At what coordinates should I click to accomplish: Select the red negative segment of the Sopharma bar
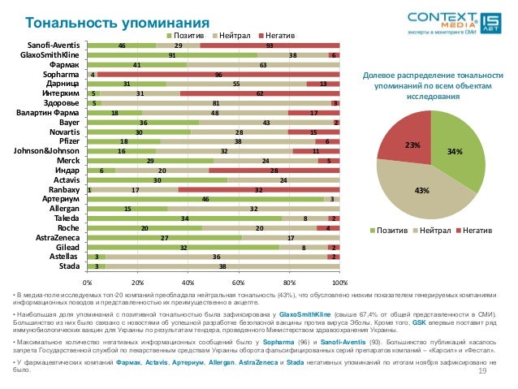(219, 75)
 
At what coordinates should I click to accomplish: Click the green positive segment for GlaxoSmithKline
(171, 54)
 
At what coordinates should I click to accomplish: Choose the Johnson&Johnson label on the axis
(45, 150)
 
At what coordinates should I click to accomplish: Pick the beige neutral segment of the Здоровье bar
(214, 104)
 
